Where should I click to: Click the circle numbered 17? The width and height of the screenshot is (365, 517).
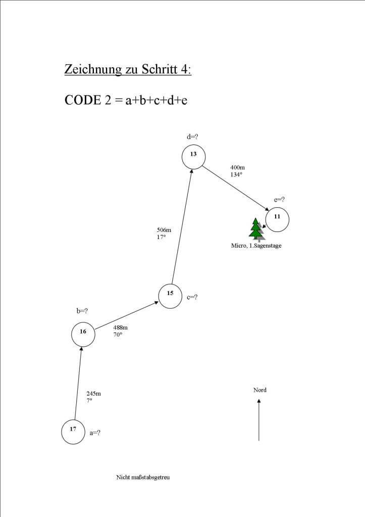click(x=74, y=432)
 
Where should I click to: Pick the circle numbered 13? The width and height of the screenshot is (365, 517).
click(x=193, y=157)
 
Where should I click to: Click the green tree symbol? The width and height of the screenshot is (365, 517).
click(x=256, y=228)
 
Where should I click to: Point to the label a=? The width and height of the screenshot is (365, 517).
click(x=95, y=433)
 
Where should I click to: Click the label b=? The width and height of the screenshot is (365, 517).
click(x=82, y=311)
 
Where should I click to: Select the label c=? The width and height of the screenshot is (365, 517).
click(x=192, y=297)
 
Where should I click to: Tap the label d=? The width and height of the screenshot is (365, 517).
click(x=193, y=137)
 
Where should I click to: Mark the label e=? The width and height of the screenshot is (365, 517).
click(x=280, y=200)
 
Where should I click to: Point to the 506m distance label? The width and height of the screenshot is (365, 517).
click(x=164, y=230)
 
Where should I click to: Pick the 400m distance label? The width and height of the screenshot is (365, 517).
click(x=237, y=167)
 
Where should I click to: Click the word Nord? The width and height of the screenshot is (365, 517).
click(x=259, y=390)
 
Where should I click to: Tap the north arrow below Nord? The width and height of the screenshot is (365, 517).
click(x=259, y=419)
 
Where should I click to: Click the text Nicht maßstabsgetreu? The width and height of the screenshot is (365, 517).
click(x=143, y=477)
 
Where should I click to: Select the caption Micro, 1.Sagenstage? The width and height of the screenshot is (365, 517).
click(x=256, y=246)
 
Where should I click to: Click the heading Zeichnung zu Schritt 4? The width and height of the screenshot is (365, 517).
click(x=128, y=69)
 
